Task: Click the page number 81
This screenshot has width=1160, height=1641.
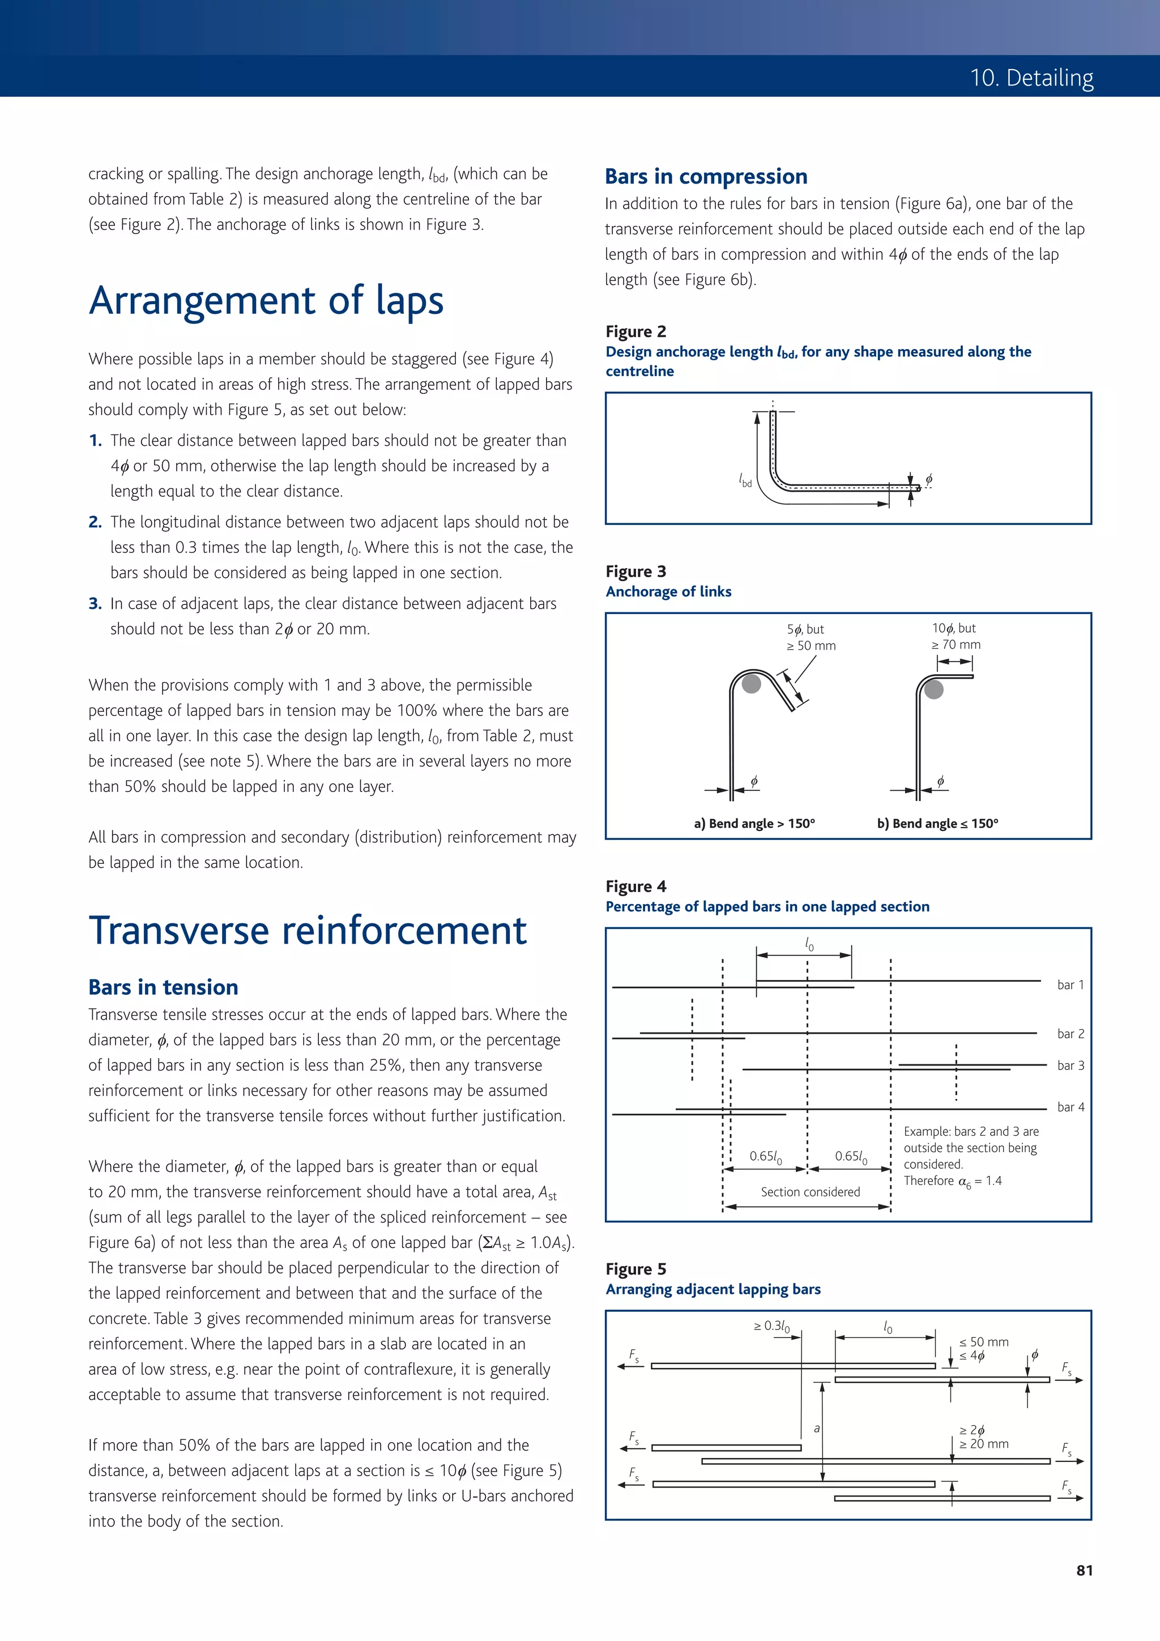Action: (1084, 1570)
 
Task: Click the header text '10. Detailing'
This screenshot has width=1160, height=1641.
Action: (1031, 77)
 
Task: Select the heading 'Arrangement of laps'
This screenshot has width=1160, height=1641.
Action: (266, 300)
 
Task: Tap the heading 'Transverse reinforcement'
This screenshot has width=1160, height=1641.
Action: (308, 931)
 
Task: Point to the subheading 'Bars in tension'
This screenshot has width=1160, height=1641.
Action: (163, 987)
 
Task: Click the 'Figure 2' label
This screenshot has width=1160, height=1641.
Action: (636, 331)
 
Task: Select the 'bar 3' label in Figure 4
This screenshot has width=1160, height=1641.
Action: (1070, 1065)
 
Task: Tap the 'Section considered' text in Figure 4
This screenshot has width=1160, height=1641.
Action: (810, 1191)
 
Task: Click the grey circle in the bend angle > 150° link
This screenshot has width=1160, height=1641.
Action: (750, 683)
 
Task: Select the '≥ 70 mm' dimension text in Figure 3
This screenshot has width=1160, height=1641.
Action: (955, 645)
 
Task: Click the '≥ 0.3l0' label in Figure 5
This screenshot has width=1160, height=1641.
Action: (771, 1326)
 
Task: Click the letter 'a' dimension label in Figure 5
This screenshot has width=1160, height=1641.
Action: (816, 1428)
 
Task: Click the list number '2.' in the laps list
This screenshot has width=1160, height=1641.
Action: (95, 522)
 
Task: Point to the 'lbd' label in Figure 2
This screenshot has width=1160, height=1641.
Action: (745, 481)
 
